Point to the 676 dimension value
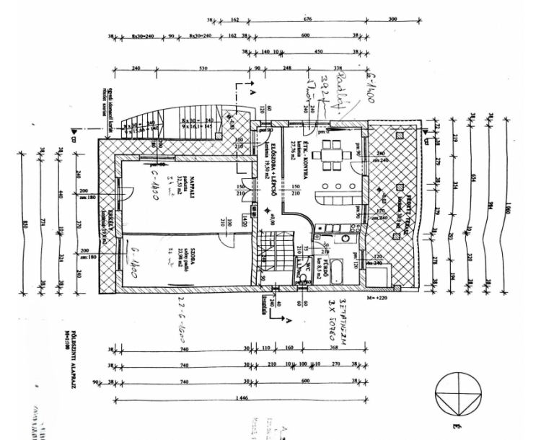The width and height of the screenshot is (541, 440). click(x=308, y=19)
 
